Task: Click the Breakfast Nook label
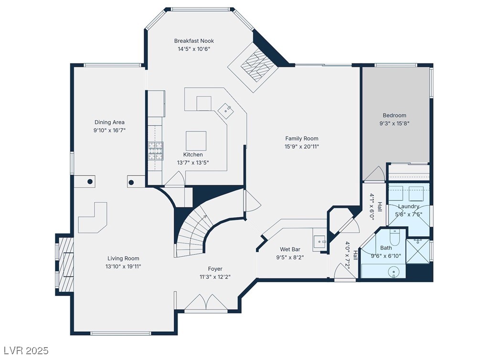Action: coord(194,41)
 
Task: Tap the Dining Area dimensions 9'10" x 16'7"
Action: coord(109,130)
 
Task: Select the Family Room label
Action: coord(302,138)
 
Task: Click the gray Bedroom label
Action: coord(394,115)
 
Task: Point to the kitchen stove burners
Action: coord(156,151)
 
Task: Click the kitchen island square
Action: coord(196,141)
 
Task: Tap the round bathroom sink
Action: coord(394,272)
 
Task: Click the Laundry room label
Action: coord(409,206)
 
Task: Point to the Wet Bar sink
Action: coord(320,242)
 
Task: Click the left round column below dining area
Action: coord(90,181)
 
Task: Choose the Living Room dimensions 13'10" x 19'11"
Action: coord(123,266)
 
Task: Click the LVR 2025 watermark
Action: coord(25,351)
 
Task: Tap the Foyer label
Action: coord(215,269)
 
